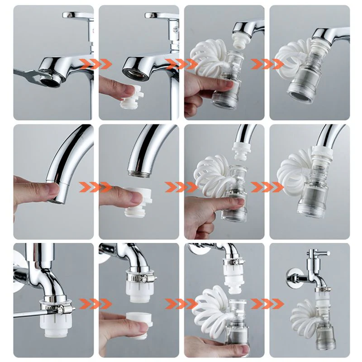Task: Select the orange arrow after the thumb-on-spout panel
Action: [95, 186]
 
